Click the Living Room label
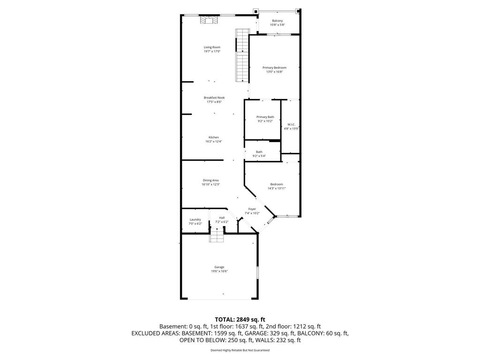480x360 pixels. [x=212, y=47]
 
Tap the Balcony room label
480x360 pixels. [x=277, y=21]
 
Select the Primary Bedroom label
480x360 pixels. [x=274, y=67]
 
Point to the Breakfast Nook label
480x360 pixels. [x=214, y=97]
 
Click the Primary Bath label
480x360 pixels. [x=265, y=117]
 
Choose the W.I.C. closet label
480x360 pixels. [x=291, y=125]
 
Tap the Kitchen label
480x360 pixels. [x=214, y=137]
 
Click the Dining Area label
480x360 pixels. [x=210, y=180]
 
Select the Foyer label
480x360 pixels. [x=252, y=209]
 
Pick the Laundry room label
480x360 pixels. [x=195, y=219]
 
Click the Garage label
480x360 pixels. [x=219, y=267]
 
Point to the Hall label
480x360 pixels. [x=222, y=217]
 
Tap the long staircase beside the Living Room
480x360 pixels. [x=241, y=55]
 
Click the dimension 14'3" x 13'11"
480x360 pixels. [x=277, y=188]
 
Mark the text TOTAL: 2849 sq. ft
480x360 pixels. [x=240, y=319]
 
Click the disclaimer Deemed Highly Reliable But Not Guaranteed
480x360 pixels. [x=240, y=350]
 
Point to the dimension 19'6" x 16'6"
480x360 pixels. [x=219, y=271]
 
